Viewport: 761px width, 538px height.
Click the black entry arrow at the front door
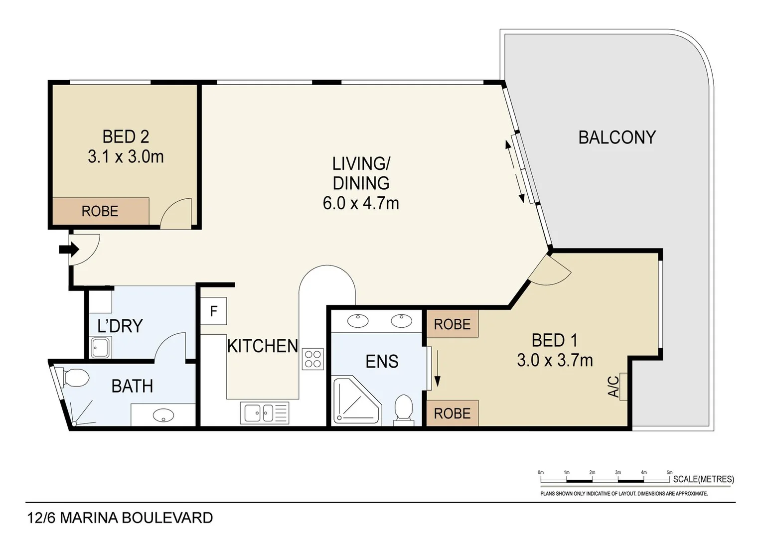(69, 250)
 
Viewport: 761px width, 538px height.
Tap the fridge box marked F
(213, 311)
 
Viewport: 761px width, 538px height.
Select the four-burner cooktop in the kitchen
(313, 359)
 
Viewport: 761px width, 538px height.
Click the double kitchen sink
(265, 413)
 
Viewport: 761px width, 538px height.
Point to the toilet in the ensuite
(404, 409)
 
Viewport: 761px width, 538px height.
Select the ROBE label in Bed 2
(100, 211)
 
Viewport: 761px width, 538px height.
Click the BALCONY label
(617, 137)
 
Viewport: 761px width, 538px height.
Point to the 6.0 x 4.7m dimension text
(361, 203)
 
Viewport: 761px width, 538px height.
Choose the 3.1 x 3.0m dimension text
(126, 157)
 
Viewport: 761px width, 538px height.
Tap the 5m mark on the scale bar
(669, 472)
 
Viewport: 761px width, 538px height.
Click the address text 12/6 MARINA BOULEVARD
(120, 518)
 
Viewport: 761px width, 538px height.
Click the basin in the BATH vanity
(163, 414)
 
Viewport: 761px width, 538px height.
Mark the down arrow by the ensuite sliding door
(437, 369)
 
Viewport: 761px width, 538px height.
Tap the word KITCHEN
(263, 346)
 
